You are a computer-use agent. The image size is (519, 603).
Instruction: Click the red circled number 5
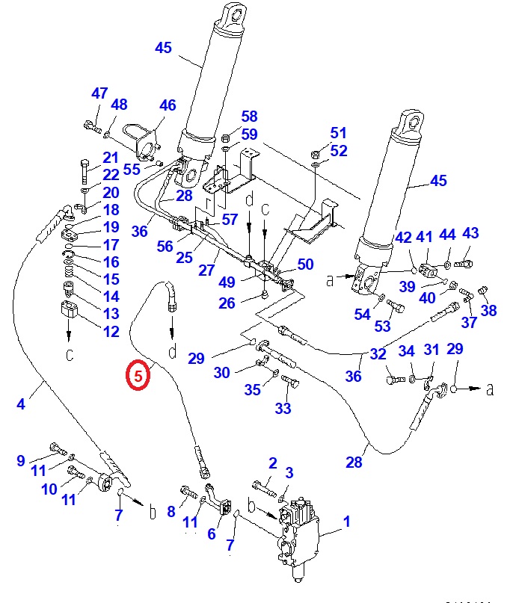coord(139,375)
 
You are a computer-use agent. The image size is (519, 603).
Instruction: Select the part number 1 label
coord(346,522)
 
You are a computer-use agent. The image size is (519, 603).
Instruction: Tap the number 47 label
coord(99,93)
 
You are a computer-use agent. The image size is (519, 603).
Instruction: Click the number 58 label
coord(249,117)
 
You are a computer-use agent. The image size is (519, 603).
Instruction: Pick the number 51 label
coord(339,133)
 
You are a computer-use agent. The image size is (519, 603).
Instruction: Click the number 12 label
coord(111,331)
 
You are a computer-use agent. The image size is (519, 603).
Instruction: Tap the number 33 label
coord(283,408)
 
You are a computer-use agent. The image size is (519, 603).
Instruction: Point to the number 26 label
coord(227,303)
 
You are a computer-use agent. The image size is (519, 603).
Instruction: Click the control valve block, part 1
coord(299,531)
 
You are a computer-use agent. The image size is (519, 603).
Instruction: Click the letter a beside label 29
coord(491,389)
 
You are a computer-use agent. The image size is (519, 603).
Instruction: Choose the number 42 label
coord(404,238)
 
